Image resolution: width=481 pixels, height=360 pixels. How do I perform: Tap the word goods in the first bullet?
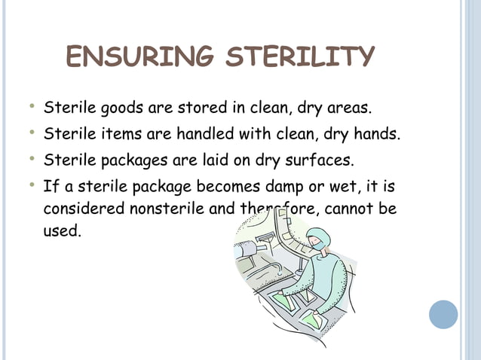[121, 108]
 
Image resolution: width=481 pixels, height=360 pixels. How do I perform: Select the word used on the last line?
[60, 230]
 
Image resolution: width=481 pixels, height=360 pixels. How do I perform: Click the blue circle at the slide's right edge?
[443, 314]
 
